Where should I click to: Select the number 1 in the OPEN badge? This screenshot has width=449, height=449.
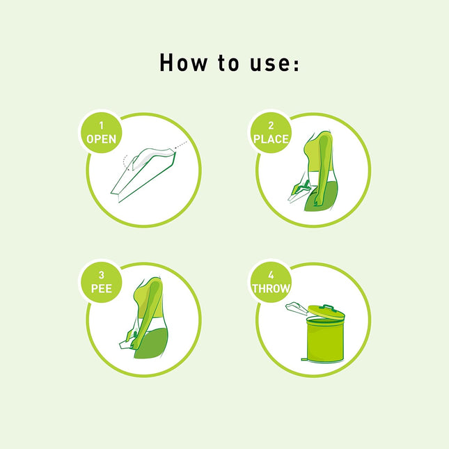102,126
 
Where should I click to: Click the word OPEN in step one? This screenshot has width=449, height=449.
102,139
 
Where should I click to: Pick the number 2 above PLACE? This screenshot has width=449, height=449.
271,126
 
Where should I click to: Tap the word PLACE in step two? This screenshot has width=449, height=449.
271,139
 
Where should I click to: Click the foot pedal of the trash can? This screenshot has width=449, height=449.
304,359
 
